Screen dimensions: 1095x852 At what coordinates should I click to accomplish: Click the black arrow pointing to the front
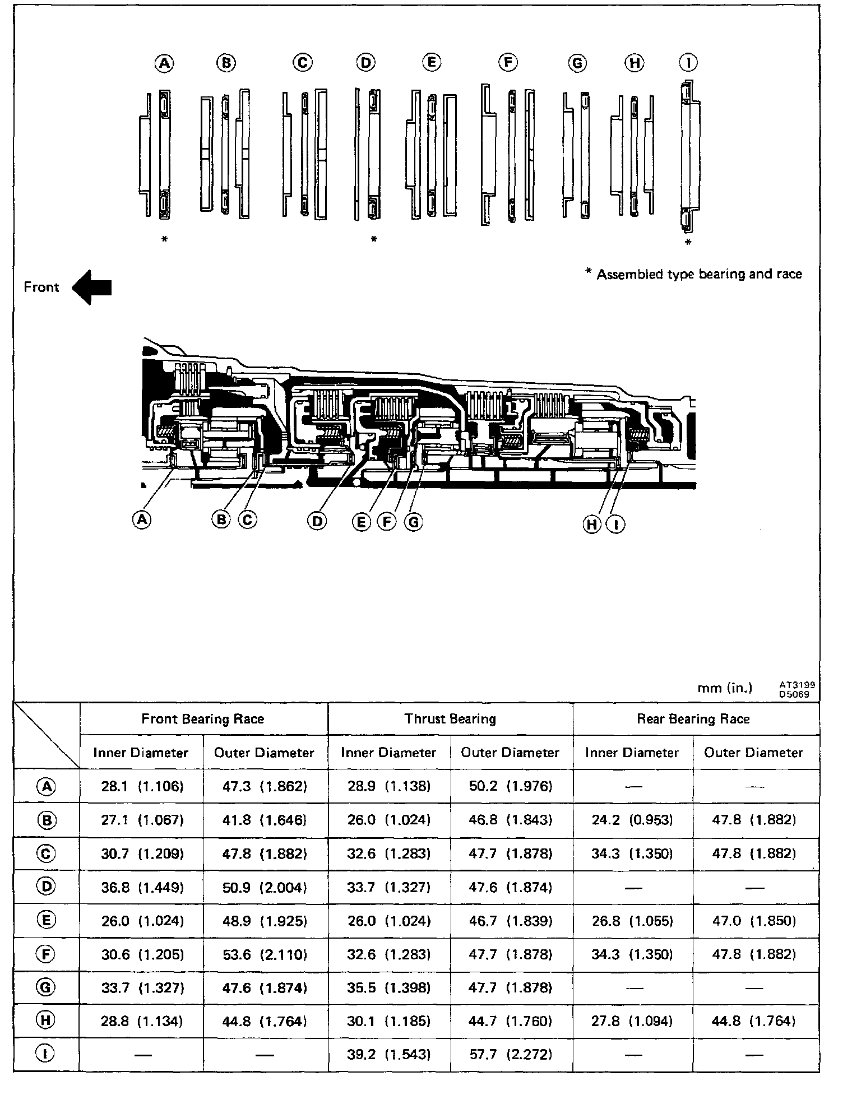coord(92,287)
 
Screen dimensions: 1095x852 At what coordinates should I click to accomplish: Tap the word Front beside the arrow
coord(41,287)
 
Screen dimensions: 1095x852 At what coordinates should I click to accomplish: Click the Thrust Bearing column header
coord(450,719)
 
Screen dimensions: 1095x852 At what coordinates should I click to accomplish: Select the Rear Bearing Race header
coord(693,719)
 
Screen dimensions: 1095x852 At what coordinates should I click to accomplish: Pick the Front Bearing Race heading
coord(202,719)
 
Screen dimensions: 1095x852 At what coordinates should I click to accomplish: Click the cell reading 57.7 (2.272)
coord(510,1055)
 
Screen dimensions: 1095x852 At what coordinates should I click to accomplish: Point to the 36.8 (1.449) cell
coord(142,887)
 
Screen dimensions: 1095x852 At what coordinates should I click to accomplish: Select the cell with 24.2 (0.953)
coord(632,820)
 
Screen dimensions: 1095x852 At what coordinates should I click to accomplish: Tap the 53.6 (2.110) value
coord(265,954)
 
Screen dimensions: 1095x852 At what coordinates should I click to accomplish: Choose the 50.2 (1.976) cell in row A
coord(510,786)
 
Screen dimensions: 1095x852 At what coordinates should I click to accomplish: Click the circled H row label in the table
coord(47,1021)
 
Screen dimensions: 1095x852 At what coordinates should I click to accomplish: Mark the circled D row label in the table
coord(47,887)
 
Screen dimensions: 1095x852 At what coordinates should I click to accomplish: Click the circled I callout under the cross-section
coord(616,525)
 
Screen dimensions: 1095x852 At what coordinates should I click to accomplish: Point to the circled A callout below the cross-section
coord(142,519)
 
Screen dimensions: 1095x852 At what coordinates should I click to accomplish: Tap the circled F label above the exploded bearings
coord(508,62)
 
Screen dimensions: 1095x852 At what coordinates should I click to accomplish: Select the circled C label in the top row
coord(303,62)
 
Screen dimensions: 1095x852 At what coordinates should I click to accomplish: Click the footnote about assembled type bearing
coord(693,274)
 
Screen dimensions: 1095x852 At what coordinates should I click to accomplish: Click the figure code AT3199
coord(797,684)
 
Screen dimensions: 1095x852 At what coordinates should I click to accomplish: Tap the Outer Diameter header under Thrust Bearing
coord(510,753)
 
